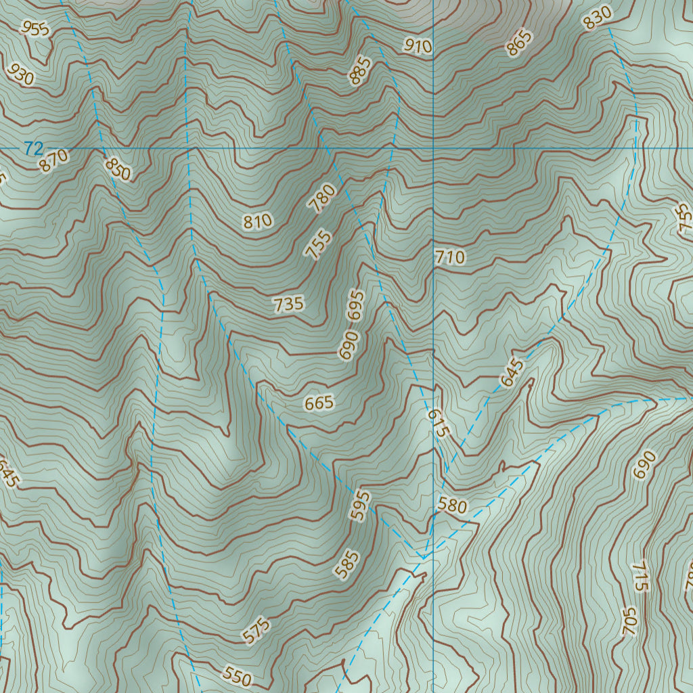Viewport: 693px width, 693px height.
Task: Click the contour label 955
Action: [35, 28]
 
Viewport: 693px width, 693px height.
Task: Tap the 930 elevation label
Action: [20, 74]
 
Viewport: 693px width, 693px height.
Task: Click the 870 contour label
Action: [53, 160]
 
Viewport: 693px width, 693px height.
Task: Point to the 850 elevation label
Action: [118, 169]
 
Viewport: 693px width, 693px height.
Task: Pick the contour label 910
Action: [418, 46]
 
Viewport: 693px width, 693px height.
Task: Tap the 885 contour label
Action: [361, 71]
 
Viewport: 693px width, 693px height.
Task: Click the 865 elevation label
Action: [518, 43]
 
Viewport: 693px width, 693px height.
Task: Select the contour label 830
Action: [598, 17]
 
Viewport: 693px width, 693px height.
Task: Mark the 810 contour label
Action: [257, 221]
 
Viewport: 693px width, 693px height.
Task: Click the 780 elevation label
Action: [321, 198]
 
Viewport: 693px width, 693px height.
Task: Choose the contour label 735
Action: [289, 304]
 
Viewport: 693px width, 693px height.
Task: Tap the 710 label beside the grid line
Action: [451, 256]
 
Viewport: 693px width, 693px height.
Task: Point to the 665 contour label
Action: [319, 403]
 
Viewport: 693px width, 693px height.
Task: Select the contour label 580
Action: [452, 505]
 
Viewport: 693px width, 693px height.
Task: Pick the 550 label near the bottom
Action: [237, 676]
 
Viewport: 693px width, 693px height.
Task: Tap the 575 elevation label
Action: [257, 629]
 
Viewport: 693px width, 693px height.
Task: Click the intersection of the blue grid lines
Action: [433, 148]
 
